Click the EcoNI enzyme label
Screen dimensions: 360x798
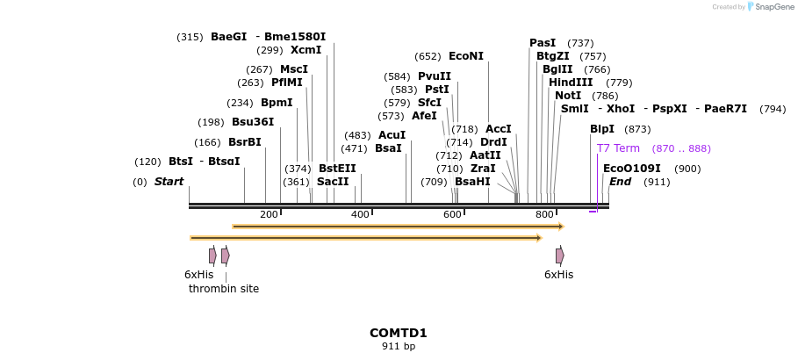click(465, 56)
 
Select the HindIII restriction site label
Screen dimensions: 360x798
click(571, 83)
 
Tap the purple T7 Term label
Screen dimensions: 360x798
click(618, 148)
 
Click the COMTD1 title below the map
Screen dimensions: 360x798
click(399, 333)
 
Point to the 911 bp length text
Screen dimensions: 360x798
click(399, 347)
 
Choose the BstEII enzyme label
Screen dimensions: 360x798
click(337, 169)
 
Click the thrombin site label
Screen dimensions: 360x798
click(224, 289)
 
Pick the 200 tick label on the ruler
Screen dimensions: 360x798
click(269, 215)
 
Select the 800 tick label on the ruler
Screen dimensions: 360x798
click(544, 215)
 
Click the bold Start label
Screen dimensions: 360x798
click(169, 182)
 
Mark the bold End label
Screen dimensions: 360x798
click(620, 182)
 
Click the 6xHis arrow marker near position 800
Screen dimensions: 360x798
click(559, 256)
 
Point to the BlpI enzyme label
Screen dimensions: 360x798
click(602, 129)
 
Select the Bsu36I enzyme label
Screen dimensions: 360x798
click(253, 122)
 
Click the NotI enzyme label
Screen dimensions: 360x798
click(568, 96)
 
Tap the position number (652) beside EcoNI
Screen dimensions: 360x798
click(428, 56)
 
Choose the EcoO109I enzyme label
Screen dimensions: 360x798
click(632, 169)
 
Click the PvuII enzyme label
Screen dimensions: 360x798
click(435, 76)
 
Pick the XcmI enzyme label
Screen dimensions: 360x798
click(306, 50)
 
